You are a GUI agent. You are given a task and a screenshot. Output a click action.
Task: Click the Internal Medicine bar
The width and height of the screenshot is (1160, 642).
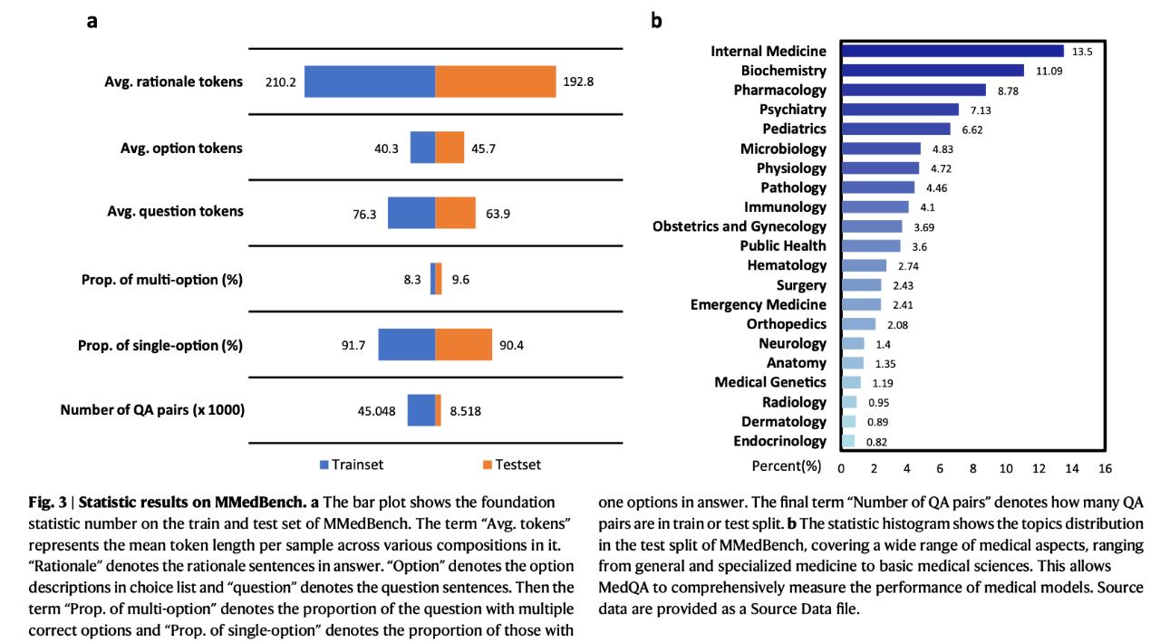pyautogui.click(x=952, y=51)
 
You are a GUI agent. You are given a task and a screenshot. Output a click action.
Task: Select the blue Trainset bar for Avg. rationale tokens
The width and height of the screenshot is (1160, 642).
pyautogui.click(x=370, y=81)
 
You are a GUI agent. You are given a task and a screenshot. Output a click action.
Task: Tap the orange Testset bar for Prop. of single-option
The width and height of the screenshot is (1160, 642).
pyautogui.click(x=463, y=344)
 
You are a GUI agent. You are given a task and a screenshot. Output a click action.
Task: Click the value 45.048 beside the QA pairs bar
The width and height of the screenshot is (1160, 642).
pyautogui.click(x=376, y=411)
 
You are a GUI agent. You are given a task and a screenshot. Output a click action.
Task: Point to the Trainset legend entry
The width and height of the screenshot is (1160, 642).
pyautogui.click(x=353, y=465)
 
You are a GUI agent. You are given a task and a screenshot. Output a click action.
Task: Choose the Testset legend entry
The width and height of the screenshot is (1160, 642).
pyautogui.click(x=512, y=465)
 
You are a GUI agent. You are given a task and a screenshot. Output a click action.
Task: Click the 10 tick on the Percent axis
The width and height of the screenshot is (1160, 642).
pyautogui.click(x=1006, y=469)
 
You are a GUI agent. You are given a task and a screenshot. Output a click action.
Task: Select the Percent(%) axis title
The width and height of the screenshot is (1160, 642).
pyautogui.click(x=786, y=466)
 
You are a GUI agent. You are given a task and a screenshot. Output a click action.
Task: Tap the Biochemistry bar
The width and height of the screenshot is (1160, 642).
pyautogui.click(x=933, y=71)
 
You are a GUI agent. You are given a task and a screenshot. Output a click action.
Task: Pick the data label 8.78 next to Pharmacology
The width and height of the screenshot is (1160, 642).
pyautogui.click(x=1008, y=91)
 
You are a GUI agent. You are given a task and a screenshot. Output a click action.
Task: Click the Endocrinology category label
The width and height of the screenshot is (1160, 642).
pyautogui.click(x=779, y=441)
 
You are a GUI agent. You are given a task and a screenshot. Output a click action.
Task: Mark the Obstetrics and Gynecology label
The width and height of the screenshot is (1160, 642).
pyautogui.click(x=739, y=226)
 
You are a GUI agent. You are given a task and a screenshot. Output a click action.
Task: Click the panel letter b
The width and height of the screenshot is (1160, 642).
pyautogui.click(x=656, y=21)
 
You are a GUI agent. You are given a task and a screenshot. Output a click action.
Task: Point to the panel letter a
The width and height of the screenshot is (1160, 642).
pyautogui.click(x=92, y=22)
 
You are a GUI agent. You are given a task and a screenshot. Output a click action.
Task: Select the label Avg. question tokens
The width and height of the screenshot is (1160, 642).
pyautogui.click(x=175, y=212)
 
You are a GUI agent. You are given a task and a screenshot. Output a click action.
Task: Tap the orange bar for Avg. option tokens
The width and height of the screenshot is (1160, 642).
pyautogui.click(x=449, y=148)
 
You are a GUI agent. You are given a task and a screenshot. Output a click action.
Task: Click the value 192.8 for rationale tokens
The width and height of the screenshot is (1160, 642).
pyautogui.click(x=578, y=81)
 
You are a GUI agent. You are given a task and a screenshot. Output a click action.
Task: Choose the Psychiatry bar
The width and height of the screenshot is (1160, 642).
pyautogui.click(x=900, y=110)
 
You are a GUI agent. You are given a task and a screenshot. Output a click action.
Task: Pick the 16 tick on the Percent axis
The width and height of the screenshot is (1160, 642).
pyautogui.click(x=1105, y=469)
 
